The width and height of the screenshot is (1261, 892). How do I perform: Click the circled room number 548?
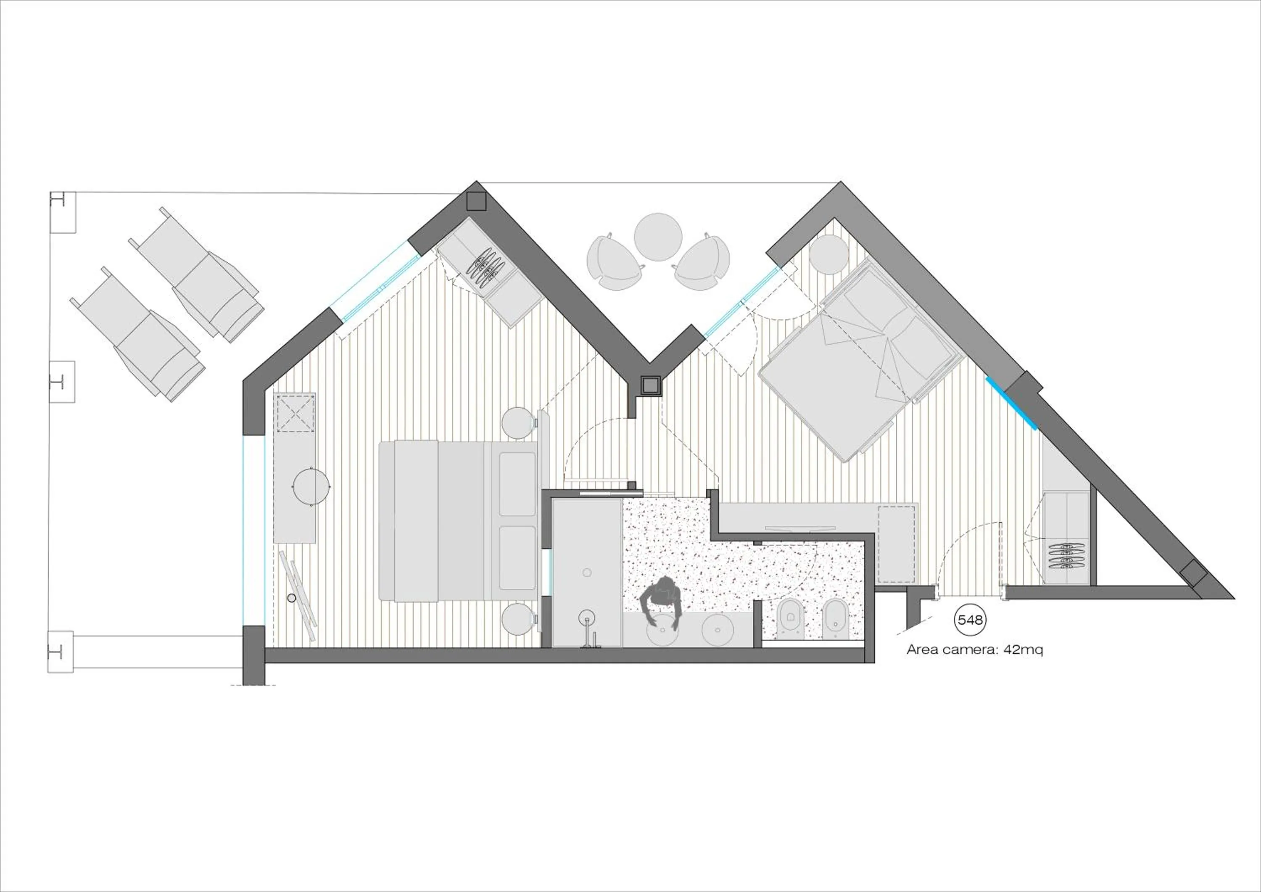tap(969, 620)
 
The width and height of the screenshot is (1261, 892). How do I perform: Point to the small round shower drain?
tap(586, 573)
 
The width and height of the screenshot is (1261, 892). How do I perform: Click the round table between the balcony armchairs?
tap(658, 237)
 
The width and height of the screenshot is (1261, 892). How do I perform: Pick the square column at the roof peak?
tap(476, 201)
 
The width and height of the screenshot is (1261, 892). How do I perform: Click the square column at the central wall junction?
tap(650, 385)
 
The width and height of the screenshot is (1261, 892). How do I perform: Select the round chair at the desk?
tap(311, 486)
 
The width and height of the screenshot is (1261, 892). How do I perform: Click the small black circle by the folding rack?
tap(292, 598)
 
